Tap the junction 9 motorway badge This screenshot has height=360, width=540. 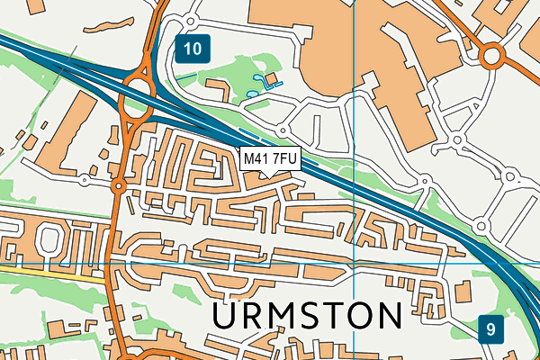click(x=491, y=329)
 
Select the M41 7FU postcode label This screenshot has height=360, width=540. click(x=270, y=159)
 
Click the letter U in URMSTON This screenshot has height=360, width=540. click(x=228, y=317)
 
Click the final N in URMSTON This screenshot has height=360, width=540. click(x=388, y=317)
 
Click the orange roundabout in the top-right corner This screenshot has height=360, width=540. click(x=491, y=58)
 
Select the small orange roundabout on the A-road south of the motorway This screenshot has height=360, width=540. click(x=118, y=187)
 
